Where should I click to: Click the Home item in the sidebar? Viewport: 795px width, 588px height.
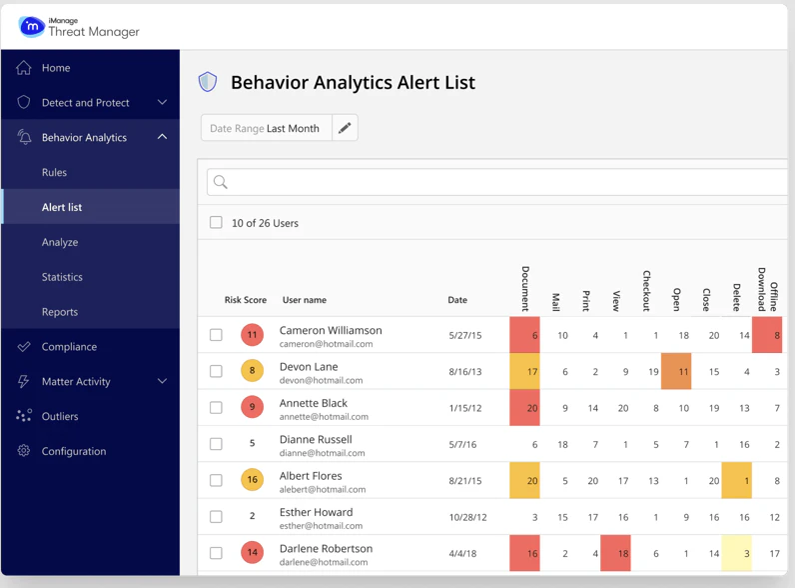point(56,68)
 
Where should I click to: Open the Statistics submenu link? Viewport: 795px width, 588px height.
point(62,277)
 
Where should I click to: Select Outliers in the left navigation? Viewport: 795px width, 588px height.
point(60,416)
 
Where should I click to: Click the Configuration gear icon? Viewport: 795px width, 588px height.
point(24,451)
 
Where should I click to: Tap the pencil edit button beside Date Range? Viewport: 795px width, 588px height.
point(345,128)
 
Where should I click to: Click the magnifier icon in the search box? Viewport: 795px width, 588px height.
point(221,182)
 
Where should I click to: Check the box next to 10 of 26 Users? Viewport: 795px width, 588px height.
point(216,223)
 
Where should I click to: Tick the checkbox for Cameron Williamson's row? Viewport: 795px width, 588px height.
point(216,335)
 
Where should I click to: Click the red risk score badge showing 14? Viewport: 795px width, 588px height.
point(252,553)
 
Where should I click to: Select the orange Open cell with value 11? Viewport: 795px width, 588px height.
point(676,371)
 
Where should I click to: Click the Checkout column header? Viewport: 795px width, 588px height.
point(647,290)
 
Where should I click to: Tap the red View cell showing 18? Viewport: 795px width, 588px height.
point(615,553)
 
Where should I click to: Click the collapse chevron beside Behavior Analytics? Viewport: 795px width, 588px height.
point(162,137)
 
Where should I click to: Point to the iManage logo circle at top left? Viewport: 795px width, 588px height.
point(32,27)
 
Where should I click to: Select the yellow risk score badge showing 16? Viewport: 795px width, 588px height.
point(252,480)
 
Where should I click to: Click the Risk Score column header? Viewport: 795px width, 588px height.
point(246,300)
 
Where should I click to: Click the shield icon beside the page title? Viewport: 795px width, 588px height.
point(208,82)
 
